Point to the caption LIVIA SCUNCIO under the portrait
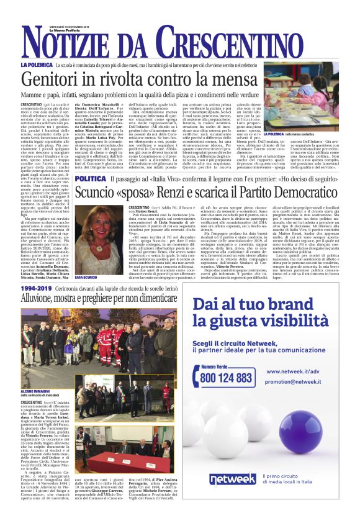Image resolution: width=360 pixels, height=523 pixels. pos(86,276)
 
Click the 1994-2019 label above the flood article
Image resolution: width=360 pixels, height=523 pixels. pos(37,289)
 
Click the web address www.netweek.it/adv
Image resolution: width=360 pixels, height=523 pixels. pos(292,371)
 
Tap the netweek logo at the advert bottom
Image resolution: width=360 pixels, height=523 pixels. pos(232,479)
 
